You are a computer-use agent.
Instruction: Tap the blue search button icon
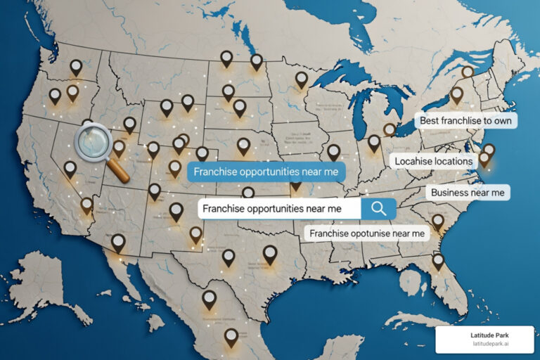click(x=378, y=208)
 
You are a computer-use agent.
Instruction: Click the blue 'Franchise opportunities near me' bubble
click(x=266, y=172)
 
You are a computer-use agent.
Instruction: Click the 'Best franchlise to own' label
click(x=465, y=121)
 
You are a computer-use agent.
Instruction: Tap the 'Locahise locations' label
click(x=434, y=161)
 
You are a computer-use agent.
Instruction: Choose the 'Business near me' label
click(x=468, y=193)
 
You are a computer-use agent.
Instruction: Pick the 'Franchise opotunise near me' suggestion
click(x=366, y=233)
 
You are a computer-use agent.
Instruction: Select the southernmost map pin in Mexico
click(x=231, y=337)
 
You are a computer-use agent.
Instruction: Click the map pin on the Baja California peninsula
click(x=118, y=243)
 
